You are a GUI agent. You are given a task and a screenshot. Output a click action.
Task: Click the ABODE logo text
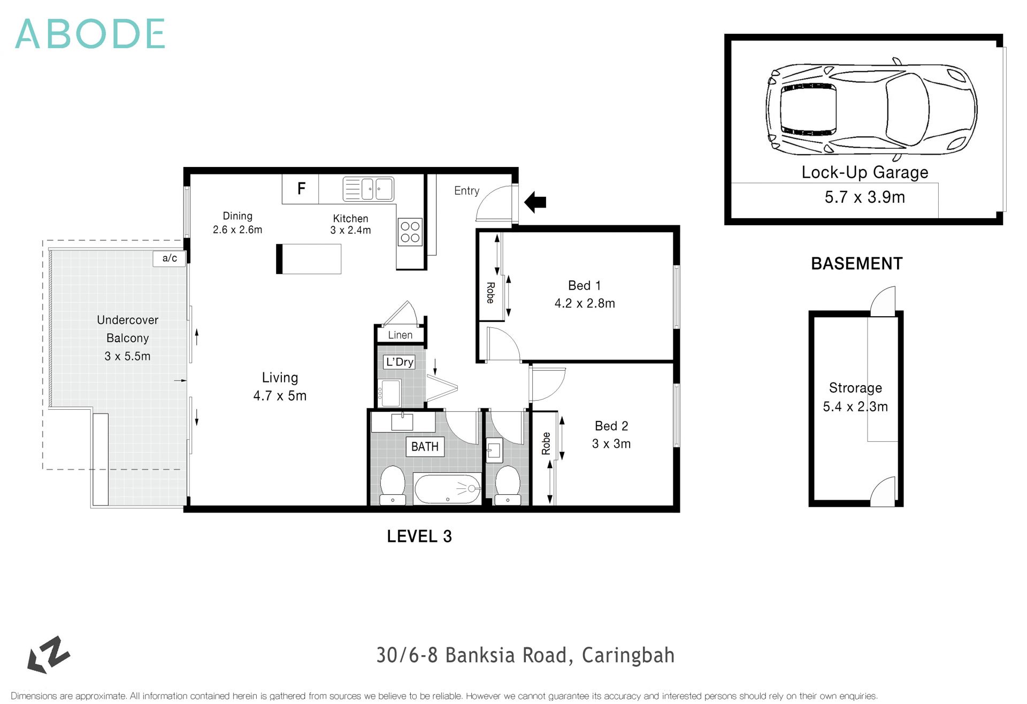[x=90, y=34]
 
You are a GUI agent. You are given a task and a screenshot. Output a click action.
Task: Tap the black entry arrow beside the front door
[x=535, y=202]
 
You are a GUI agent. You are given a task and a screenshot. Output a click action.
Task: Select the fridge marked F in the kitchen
[x=301, y=188]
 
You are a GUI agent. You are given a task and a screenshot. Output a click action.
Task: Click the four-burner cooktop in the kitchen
[x=410, y=232]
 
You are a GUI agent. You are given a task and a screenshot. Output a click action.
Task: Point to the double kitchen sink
[x=368, y=189]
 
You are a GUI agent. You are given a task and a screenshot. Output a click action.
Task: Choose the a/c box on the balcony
[x=170, y=258]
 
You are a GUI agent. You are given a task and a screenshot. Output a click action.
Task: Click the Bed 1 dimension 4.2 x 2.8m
[x=585, y=303]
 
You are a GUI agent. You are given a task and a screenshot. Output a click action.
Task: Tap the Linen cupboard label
[x=400, y=335]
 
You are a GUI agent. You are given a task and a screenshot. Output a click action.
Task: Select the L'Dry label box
[x=400, y=362]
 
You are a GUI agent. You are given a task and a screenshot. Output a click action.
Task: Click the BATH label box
[x=425, y=447]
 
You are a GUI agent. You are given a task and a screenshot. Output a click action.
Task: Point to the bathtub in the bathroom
[x=447, y=489]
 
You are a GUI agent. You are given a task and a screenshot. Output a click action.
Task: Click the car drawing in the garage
[x=871, y=110]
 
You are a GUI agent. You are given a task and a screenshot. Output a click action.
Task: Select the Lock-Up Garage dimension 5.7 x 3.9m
[x=864, y=197]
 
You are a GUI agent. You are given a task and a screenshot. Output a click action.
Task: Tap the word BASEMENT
[x=856, y=264]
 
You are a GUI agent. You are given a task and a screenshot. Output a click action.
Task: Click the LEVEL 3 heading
[x=419, y=537]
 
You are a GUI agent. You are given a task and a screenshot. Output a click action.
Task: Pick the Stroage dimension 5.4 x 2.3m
[x=855, y=407]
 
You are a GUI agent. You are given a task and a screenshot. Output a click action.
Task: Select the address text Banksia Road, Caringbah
[x=525, y=655]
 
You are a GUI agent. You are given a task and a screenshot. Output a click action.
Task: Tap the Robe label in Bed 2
[x=546, y=443]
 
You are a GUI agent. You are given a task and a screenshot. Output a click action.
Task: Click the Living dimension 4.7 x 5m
[x=280, y=396]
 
